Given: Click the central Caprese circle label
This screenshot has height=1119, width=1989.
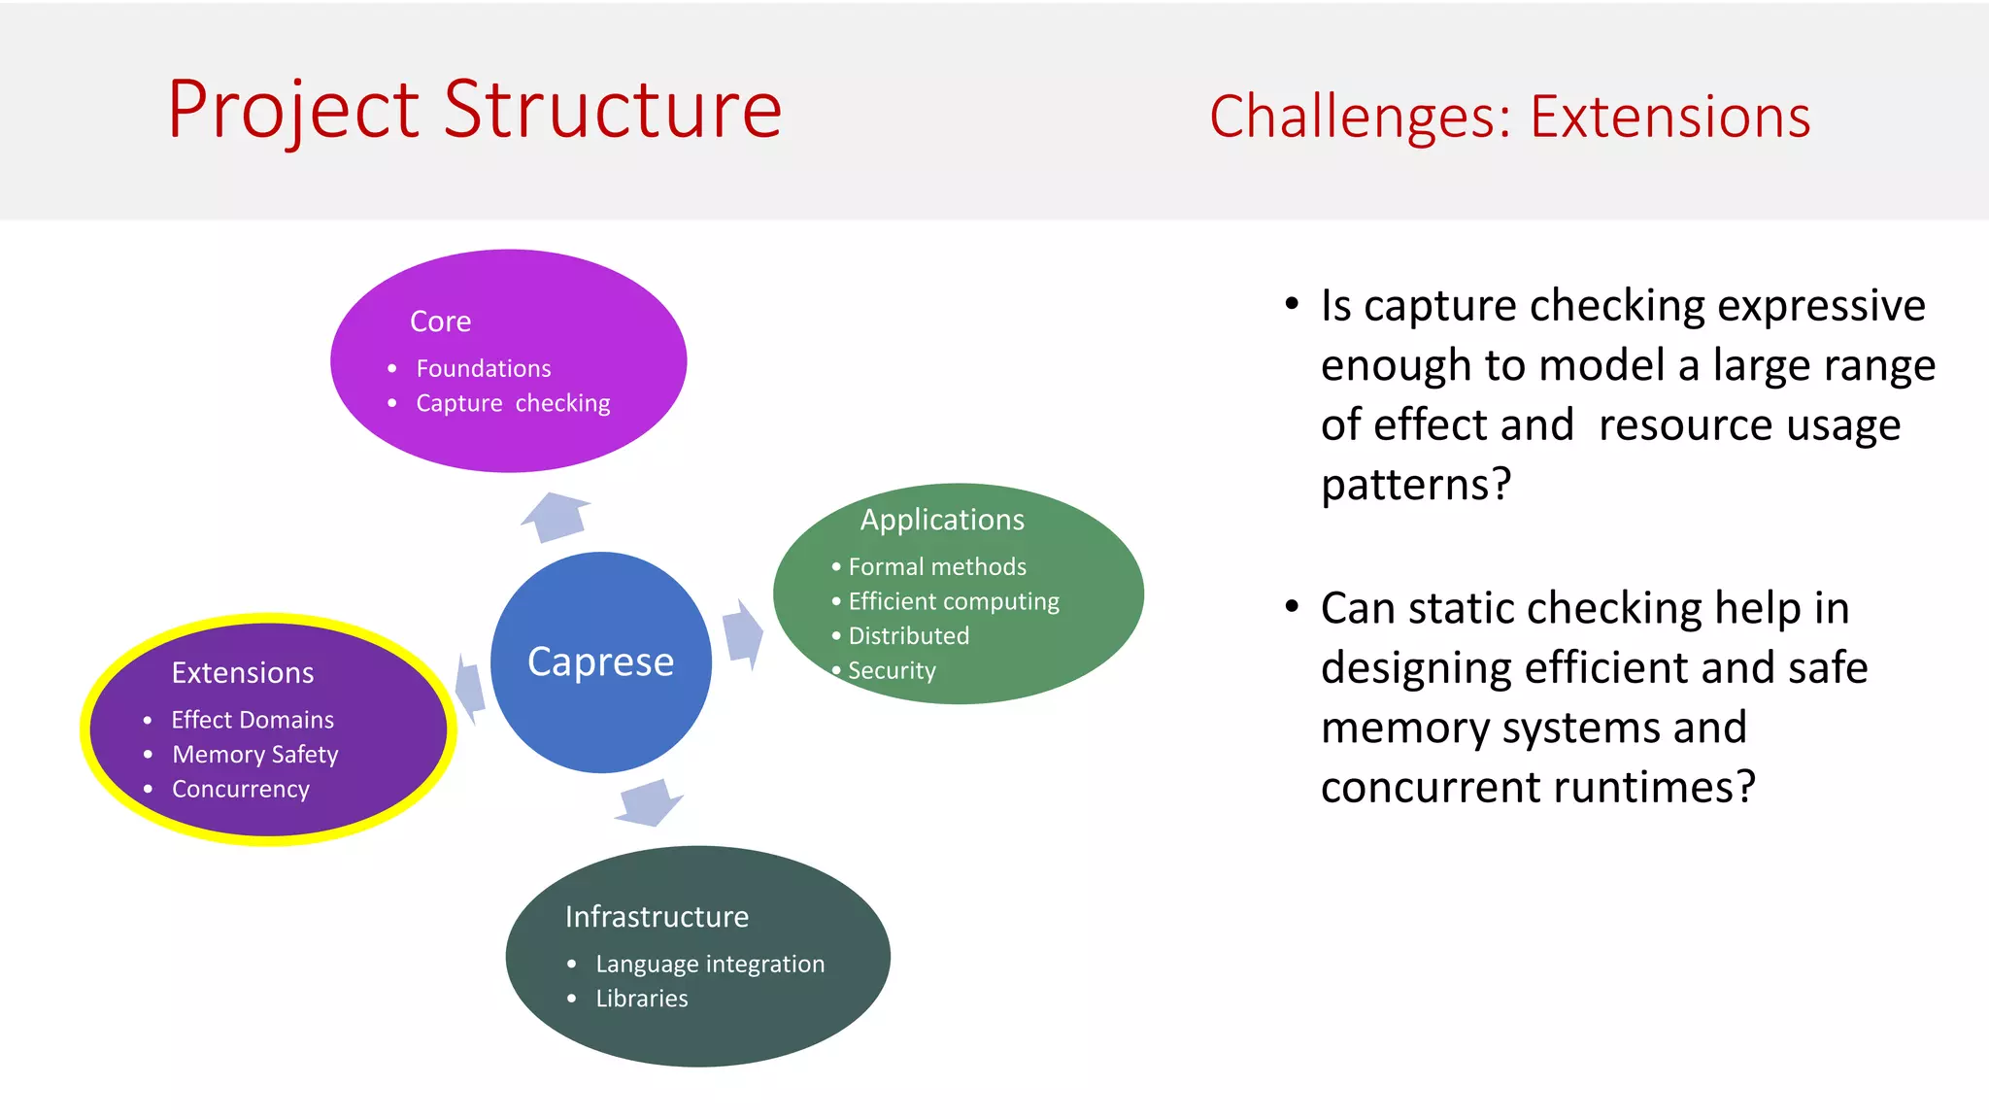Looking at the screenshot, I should (600, 662).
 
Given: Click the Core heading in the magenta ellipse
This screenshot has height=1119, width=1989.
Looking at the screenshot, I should (440, 322).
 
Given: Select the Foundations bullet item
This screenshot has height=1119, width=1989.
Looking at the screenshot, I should (483, 369).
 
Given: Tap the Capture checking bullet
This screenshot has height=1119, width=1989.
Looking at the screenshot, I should (513, 403).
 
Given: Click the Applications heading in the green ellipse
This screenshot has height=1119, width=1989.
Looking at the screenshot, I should (941, 520).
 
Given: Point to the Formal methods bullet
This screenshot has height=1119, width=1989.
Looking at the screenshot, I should (936, 566).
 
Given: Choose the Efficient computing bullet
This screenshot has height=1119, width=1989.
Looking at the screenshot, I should (953, 601).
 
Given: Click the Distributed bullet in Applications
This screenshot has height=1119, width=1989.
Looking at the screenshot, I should (908, 636).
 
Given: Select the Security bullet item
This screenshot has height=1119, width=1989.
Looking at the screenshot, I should (891, 670).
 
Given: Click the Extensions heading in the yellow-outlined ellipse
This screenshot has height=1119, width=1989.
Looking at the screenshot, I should (243, 673).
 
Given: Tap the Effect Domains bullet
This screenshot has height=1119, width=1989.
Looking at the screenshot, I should (253, 720).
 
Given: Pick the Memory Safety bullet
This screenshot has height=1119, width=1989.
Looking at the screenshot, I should (254, 755).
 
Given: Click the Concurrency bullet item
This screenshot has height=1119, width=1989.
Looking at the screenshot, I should (241, 789).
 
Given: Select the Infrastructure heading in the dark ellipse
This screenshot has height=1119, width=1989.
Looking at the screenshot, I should (657, 917).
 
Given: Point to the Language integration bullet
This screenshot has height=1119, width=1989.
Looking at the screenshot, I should (709, 964).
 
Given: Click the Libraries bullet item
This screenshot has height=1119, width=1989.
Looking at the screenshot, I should (641, 999).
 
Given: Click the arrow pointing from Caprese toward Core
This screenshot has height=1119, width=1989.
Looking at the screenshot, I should (557, 516).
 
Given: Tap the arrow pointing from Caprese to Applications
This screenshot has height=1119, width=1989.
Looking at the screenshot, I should (742, 634).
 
